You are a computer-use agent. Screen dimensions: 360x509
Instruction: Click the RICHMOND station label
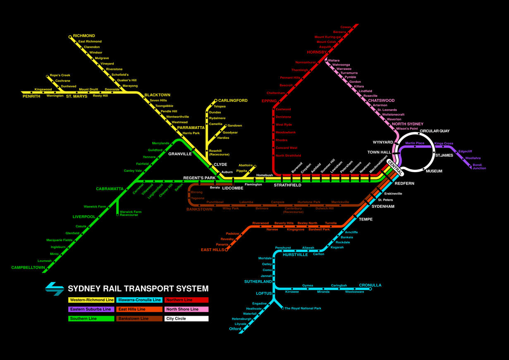pyautogui.click(x=84, y=36)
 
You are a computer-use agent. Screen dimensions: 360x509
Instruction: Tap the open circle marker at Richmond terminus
pyautogui.click(x=70, y=37)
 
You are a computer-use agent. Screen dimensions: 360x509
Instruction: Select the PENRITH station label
pyautogui.click(x=31, y=96)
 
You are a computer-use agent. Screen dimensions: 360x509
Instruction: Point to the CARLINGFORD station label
pyautogui.click(x=233, y=101)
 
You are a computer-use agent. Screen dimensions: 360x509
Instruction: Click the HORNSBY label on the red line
pyautogui.click(x=317, y=53)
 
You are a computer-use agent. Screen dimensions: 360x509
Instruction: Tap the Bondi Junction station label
pyautogui.click(x=479, y=166)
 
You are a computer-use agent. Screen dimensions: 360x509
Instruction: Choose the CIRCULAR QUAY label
pyautogui.click(x=435, y=131)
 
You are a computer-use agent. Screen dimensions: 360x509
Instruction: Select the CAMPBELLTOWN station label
pyautogui.click(x=28, y=267)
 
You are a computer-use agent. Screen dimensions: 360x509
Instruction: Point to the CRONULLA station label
pyautogui.click(x=370, y=285)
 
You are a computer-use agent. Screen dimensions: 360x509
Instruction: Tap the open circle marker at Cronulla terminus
pyautogui.click(x=370, y=289)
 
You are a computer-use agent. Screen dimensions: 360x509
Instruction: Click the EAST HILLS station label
pyautogui.click(x=213, y=250)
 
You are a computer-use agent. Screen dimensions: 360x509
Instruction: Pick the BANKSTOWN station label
pyautogui.click(x=199, y=209)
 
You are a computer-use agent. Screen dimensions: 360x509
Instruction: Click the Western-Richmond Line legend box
pyautogui.click(x=91, y=300)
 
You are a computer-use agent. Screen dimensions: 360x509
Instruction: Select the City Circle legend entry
pyautogui.click(x=186, y=319)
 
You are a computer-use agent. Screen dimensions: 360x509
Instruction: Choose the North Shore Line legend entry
pyautogui.click(x=186, y=309)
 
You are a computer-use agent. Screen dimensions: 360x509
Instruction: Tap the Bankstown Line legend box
pyautogui.click(x=139, y=319)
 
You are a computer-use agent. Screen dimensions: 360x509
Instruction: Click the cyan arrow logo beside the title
pyautogui.click(x=55, y=288)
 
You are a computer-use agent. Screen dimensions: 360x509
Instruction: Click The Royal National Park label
pyautogui.click(x=303, y=308)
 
